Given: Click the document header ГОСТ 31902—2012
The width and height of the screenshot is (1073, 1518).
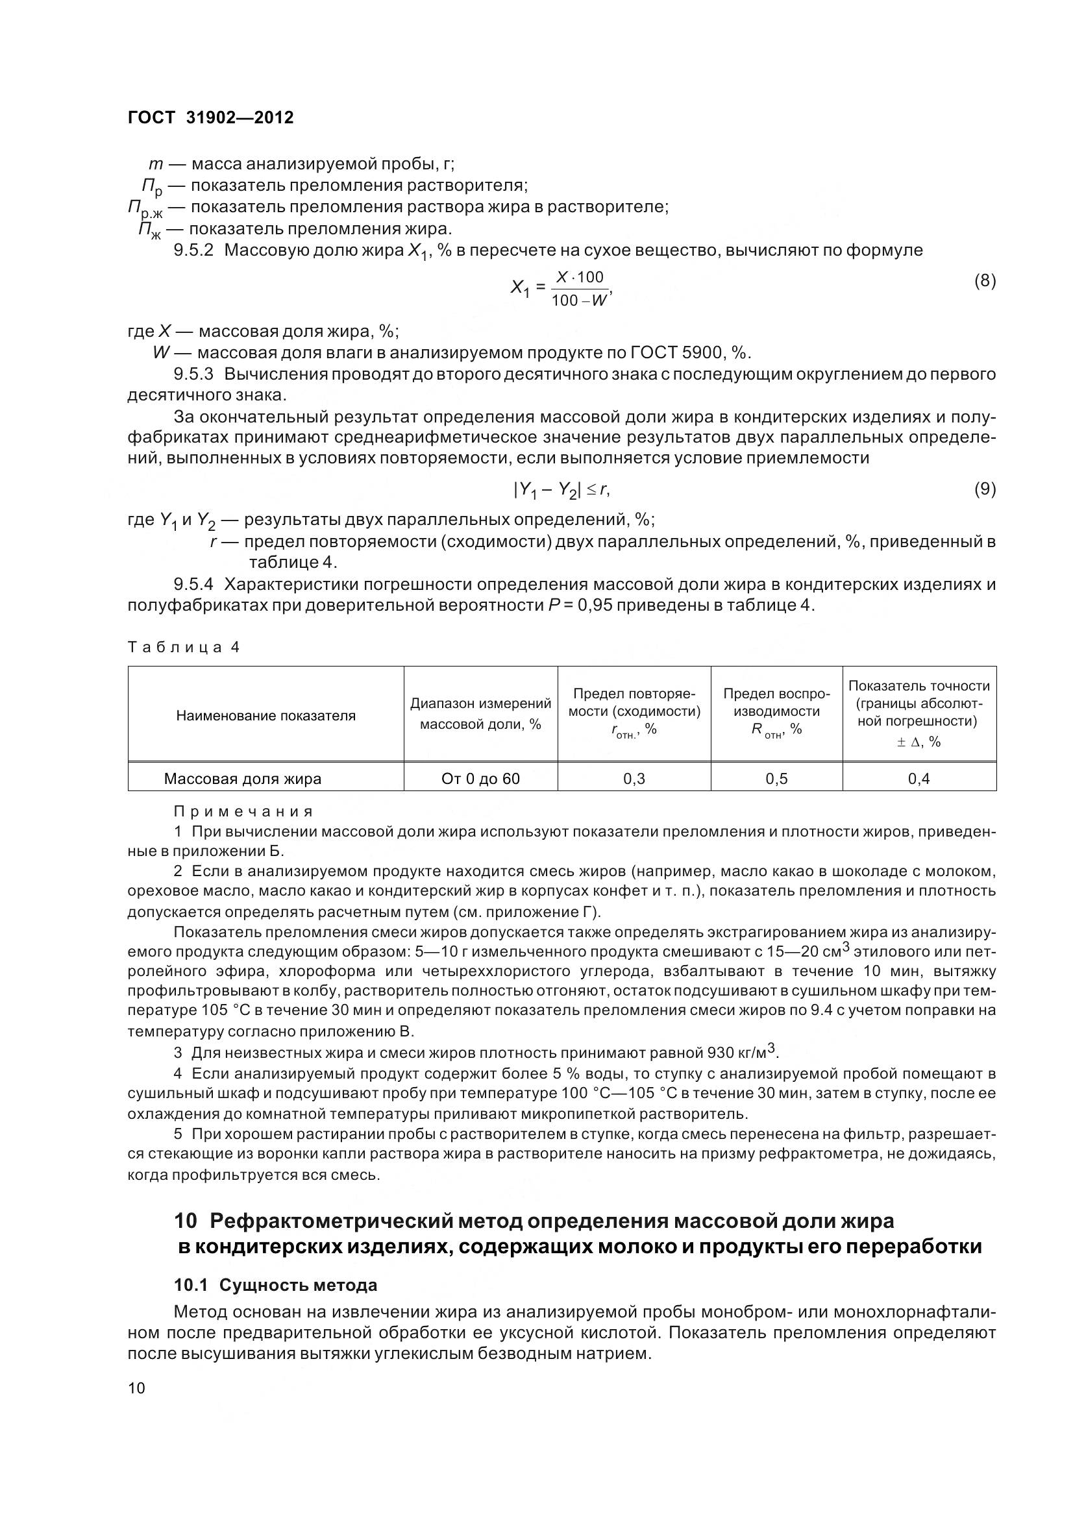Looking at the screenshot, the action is click(x=210, y=117).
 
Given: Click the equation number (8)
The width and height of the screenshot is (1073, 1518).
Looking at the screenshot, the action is click(x=985, y=281).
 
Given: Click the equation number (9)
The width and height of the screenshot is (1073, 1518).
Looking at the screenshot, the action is click(x=985, y=489).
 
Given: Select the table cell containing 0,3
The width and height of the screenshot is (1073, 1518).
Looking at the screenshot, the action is click(x=634, y=779).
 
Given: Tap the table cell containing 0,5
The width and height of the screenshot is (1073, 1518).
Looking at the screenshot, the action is click(x=776, y=779).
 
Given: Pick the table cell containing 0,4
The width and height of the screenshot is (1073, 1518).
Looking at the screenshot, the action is click(x=919, y=779).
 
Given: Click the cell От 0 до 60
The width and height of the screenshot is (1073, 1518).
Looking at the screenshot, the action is click(x=480, y=779).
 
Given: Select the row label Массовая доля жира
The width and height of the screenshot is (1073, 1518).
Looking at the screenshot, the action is click(x=243, y=779).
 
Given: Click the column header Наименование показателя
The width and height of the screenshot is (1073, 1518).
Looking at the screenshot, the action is click(x=265, y=715).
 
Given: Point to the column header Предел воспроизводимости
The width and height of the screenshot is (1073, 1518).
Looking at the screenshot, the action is click(x=776, y=711).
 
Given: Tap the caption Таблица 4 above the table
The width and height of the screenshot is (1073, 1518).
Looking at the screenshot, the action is click(x=183, y=647).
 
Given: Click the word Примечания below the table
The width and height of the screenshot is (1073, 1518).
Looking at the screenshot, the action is click(x=243, y=811).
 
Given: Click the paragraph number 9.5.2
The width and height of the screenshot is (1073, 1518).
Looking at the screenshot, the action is click(x=193, y=251).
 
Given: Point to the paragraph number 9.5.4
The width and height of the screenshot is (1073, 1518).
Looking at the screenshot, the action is click(x=193, y=585).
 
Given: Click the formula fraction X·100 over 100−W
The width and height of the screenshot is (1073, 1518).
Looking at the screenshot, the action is click(x=580, y=288).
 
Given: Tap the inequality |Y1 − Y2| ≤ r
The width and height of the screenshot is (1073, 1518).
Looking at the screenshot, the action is click(x=561, y=490).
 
